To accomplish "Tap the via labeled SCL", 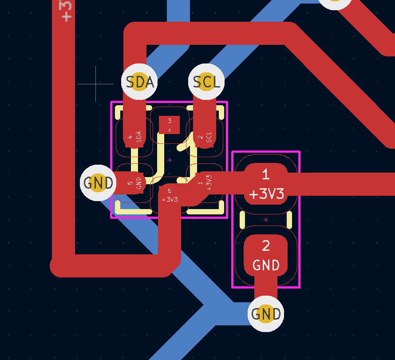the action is point(206,82).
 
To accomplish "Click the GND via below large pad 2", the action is point(266,314).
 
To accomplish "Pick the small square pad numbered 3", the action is point(169,125).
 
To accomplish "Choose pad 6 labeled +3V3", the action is point(170,195).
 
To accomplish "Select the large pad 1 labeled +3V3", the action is point(266,184).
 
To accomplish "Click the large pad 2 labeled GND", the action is point(266,255).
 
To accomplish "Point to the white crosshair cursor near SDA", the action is point(96,83).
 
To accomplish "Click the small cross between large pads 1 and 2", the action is point(266,220).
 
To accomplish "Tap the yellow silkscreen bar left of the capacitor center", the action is point(242,220).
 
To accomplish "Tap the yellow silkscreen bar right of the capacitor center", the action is point(289,220).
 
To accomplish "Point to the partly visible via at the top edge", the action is point(336,2).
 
